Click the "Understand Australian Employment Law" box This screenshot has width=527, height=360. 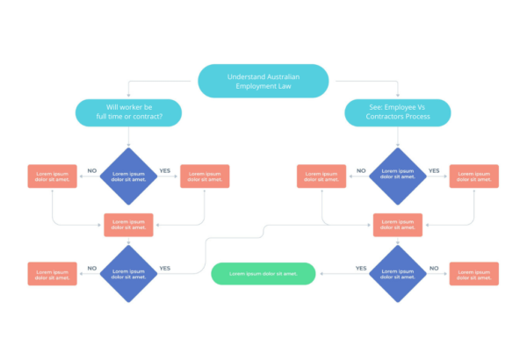coord(263,81)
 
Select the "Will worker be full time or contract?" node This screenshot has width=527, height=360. coord(129,112)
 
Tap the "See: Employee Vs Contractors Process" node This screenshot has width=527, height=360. coord(397,112)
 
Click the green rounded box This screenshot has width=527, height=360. coord(263,274)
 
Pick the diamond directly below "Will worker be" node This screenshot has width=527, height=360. coord(129,176)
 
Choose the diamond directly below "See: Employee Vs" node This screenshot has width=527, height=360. coord(397,176)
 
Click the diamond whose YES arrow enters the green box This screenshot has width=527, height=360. coord(397,274)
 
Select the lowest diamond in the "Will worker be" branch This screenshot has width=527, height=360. coord(129,274)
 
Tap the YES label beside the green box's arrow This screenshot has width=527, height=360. coord(360,269)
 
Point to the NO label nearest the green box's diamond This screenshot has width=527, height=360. coord(433,269)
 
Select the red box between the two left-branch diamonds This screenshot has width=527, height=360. coord(129,225)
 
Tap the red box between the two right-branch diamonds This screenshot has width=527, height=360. coord(397,225)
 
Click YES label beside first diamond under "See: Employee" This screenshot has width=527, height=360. coord(433,171)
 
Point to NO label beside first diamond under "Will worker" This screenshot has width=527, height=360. coord(92,171)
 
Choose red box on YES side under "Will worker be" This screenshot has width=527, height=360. coord(205,176)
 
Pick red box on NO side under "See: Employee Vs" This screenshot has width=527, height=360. coord(321,176)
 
